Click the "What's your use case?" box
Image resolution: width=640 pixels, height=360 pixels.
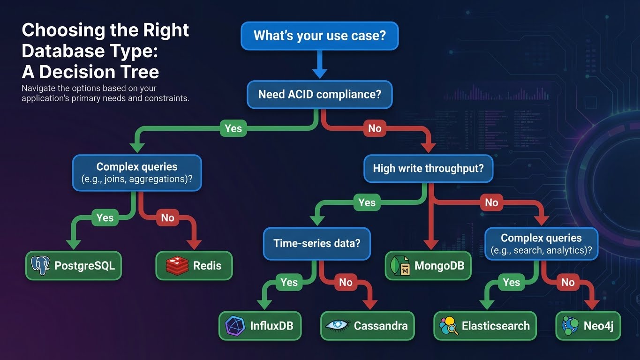point(319,35)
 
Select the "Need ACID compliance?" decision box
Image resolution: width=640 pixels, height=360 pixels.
point(319,94)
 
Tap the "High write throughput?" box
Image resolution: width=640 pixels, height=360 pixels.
point(428,168)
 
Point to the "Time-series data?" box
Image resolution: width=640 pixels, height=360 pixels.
point(317,244)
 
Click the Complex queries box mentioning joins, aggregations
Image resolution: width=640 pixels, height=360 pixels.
point(137,173)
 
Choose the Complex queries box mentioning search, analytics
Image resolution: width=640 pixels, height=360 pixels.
point(541,244)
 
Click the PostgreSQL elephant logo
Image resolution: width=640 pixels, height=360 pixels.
point(40,266)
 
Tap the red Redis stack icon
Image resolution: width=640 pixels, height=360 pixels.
point(177,266)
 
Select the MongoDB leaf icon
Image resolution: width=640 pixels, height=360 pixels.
point(399,266)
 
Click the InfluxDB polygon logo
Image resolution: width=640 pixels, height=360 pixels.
point(235,325)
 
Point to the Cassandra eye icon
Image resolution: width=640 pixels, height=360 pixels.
point(337,325)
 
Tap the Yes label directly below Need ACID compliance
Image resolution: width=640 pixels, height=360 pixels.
point(233,128)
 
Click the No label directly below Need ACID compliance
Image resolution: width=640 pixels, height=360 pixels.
point(375,128)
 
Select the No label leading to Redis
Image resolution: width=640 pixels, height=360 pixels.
point(167,217)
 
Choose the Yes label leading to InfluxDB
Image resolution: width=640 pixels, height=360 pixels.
point(289,282)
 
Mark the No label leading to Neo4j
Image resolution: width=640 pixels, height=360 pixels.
point(568,282)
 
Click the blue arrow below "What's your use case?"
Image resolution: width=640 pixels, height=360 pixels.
point(319,64)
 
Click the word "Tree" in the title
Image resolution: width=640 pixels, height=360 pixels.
point(138,72)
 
